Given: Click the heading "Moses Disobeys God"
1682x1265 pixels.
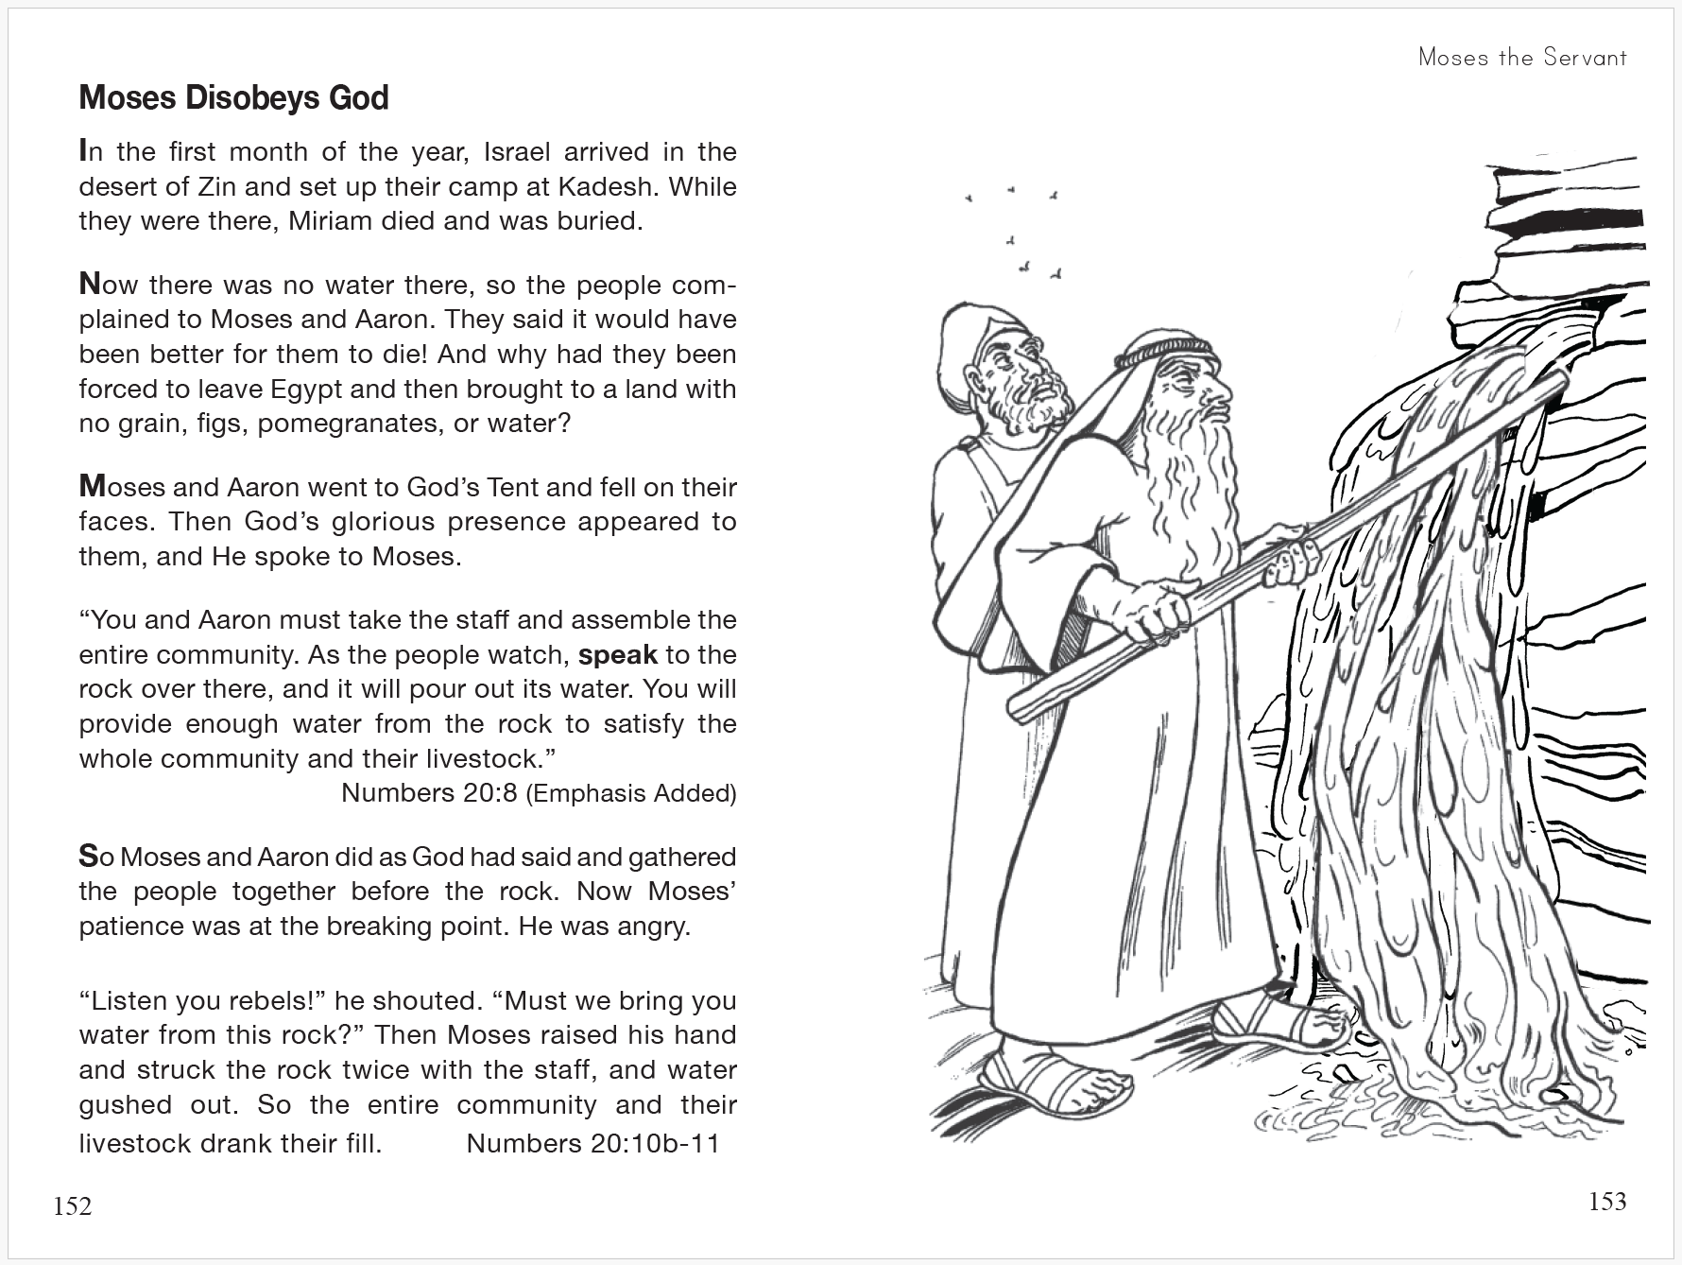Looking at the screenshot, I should coord(233,98).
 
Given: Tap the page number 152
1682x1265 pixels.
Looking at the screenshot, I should coord(73,1206).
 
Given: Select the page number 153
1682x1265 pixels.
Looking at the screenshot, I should coord(1606,1202).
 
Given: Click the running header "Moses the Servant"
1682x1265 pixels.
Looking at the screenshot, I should coord(1522,58).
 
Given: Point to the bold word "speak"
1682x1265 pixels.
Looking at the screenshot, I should coord(617,655).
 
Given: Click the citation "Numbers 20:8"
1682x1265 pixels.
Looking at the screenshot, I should coord(429,792).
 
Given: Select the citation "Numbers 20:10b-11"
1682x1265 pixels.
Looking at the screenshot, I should coord(592,1144).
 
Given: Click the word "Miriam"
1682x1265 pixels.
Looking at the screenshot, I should coord(332,221).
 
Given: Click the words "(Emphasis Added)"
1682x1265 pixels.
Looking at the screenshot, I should coord(630,792).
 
